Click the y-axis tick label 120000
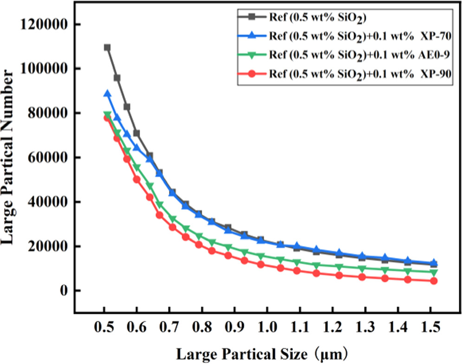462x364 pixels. (x=45, y=24)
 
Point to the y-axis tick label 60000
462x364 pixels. (x=48, y=158)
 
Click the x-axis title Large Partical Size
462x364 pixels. (x=260, y=354)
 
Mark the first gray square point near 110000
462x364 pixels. (x=107, y=47)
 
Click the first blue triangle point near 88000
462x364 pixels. (x=107, y=94)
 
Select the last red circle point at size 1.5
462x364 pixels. (x=434, y=281)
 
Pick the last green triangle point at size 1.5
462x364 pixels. (x=434, y=272)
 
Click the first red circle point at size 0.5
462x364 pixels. (x=107, y=118)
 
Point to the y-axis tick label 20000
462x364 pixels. (x=48, y=246)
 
